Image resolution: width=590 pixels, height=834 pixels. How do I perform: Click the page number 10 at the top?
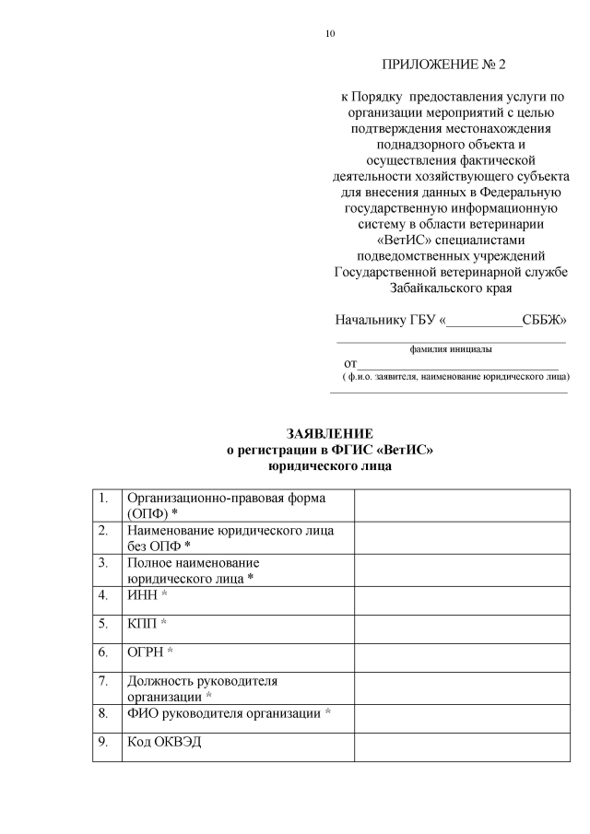click(330, 34)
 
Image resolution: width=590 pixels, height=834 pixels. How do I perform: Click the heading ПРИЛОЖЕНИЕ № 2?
click(444, 65)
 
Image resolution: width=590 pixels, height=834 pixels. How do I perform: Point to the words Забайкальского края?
click(450, 288)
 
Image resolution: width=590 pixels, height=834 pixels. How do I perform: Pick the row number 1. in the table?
click(105, 499)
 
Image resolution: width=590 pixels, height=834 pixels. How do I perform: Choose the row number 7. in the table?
click(105, 681)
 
